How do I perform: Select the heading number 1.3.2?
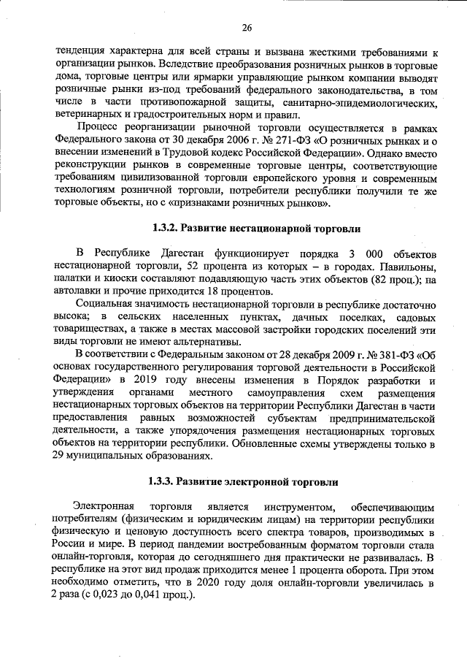pos(166,228)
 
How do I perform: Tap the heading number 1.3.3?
pos(161,482)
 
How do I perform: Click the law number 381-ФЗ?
pos(383,355)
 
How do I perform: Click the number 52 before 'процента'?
pos(193,266)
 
